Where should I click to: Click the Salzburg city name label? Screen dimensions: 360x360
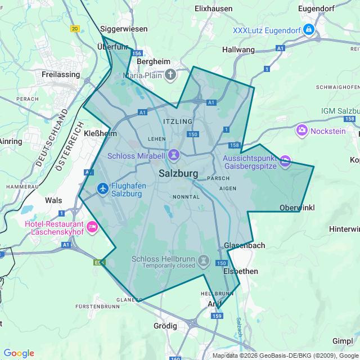point(178,174)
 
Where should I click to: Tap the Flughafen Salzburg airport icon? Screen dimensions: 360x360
point(102,188)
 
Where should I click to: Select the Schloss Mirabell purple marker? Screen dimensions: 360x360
point(174,153)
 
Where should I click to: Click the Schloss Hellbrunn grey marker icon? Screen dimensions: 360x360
point(204,261)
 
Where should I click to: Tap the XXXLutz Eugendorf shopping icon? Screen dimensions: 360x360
point(308,29)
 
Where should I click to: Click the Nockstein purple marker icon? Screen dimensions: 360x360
point(302,130)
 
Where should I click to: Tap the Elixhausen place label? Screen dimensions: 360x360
point(213,8)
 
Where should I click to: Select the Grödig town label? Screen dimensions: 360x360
point(165,326)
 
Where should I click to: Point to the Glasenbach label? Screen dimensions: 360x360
point(244,246)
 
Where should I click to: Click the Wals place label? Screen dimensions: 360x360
point(53,200)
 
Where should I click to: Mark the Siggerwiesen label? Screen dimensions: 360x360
point(124,29)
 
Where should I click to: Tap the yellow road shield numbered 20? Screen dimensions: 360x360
point(75,28)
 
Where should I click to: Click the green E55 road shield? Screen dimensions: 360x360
point(98,262)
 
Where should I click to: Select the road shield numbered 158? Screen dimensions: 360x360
point(235,146)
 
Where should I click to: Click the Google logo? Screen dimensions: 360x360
point(19,353)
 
